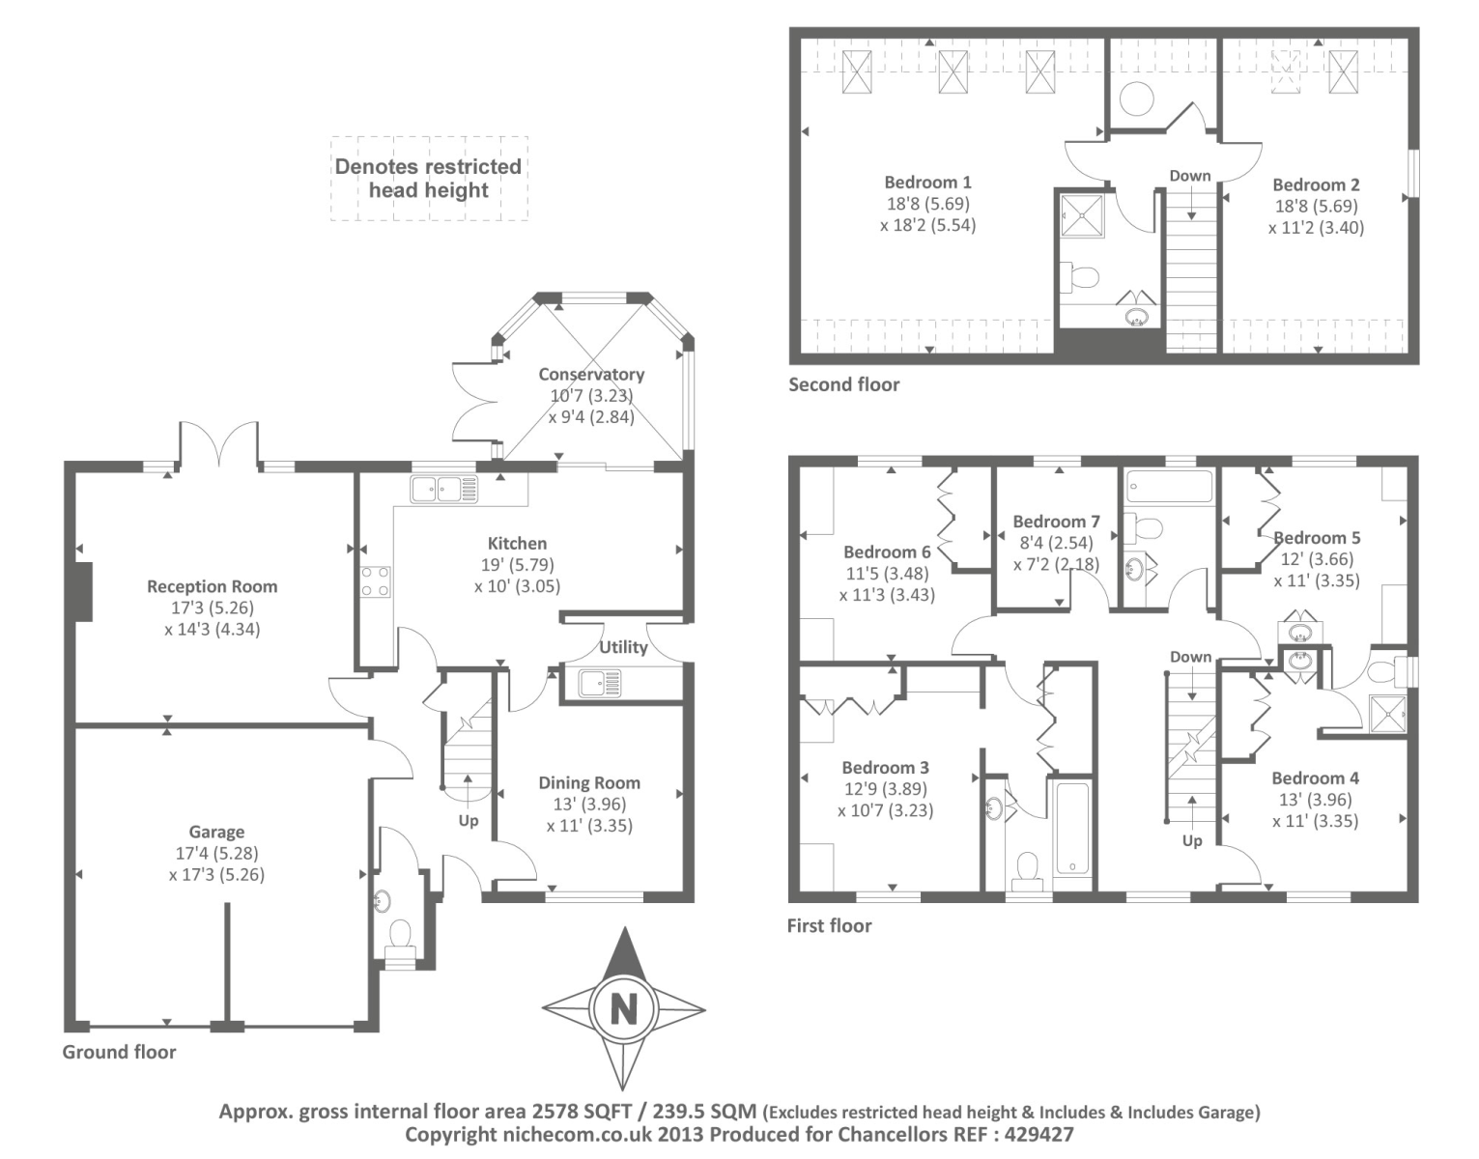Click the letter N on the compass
(x=623, y=1008)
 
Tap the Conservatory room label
(x=591, y=374)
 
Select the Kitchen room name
(x=517, y=544)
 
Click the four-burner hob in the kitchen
(x=375, y=583)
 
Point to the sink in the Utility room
(x=600, y=683)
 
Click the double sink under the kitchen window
(x=443, y=490)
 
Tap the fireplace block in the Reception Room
(x=83, y=592)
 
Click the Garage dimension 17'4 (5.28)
(x=216, y=853)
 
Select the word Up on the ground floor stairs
(x=469, y=821)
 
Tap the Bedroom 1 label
(x=927, y=183)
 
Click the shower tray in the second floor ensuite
(x=1082, y=215)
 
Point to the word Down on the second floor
(x=1190, y=176)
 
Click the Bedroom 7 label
(x=1056, y=522)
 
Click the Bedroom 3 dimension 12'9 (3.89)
(x=885, y=789)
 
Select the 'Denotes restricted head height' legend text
(x=428, y=179)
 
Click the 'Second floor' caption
(x=844, y=385)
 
